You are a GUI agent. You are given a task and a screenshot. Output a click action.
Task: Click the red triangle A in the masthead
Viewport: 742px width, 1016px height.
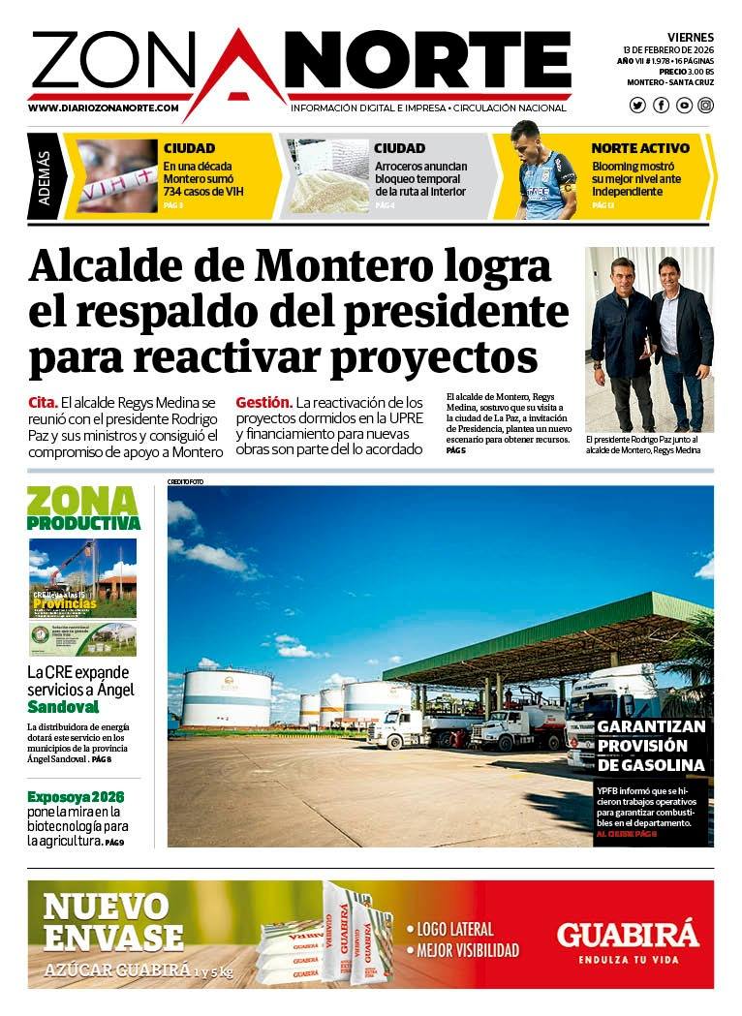(234, 73)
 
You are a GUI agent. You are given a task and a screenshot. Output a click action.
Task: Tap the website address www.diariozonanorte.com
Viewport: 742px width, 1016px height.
(109, 108)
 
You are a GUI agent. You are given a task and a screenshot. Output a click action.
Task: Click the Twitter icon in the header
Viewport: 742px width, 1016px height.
(637, 106)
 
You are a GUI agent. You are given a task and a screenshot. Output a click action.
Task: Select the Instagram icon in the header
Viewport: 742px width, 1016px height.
(705, 106)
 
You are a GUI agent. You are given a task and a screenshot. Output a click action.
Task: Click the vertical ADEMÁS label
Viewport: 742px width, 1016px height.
(45, 176)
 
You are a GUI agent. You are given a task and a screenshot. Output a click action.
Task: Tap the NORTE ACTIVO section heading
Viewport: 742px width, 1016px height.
(640, 149)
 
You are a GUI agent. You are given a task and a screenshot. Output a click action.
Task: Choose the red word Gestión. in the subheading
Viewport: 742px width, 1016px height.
(263, 402)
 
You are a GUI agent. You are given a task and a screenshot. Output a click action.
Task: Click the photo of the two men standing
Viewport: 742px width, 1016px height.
(649, 338)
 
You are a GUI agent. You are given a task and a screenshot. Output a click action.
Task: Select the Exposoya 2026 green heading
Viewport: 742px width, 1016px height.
(76, 797)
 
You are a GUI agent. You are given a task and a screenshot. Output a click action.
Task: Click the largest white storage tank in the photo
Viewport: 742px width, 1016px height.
(227, 698)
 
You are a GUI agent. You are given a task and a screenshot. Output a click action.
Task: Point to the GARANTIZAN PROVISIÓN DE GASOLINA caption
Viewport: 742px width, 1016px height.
(651, 746)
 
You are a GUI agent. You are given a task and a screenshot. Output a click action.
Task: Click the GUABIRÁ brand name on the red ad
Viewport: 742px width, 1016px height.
(627, 935)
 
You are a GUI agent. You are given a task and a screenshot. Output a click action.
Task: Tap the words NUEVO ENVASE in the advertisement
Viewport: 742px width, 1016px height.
(112, 922)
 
